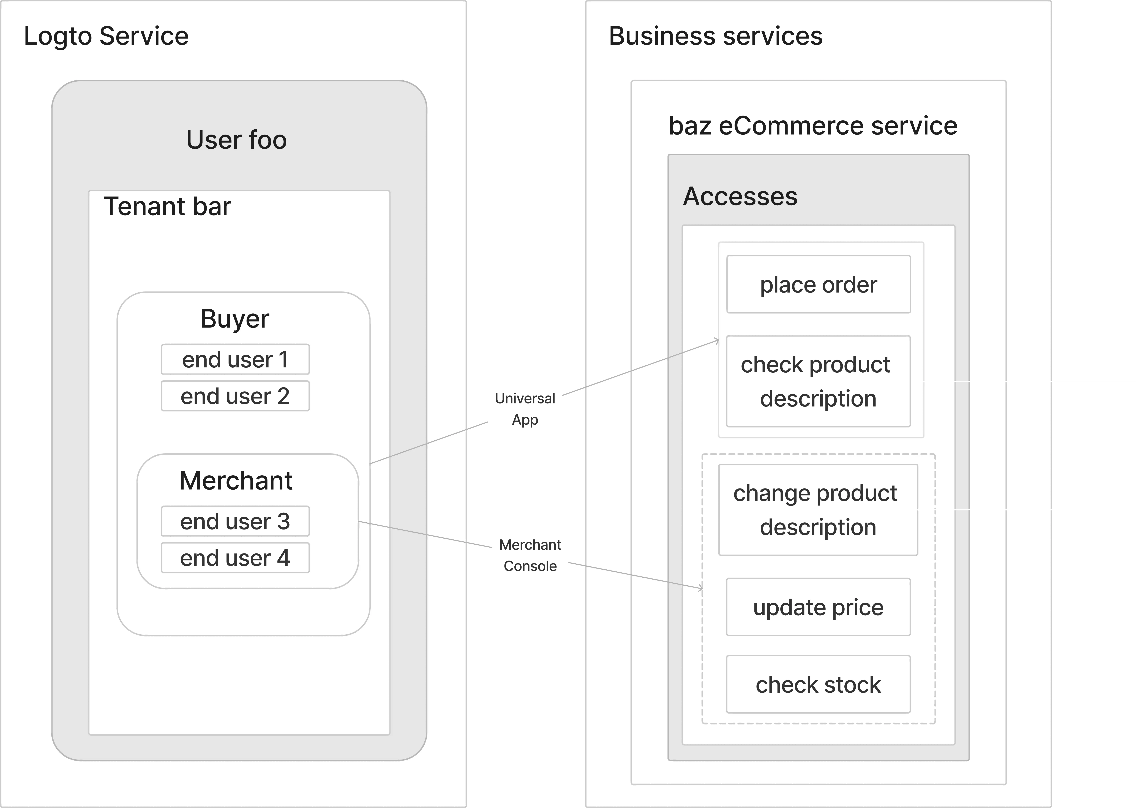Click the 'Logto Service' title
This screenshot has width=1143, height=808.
(106, 36)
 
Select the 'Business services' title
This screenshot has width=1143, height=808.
(715, 36)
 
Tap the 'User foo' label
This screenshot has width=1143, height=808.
(236, 140)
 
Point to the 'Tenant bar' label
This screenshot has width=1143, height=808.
(167, 207)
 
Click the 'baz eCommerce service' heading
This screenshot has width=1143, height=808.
(812, 125)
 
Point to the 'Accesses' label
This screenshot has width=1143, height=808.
(740, 196)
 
